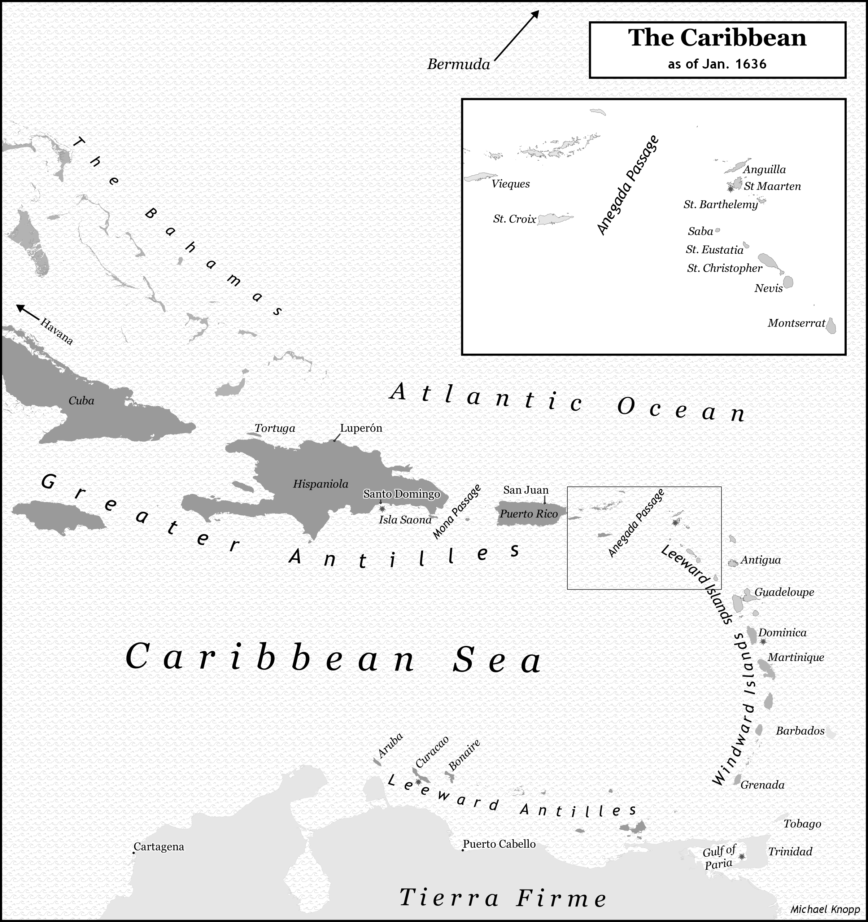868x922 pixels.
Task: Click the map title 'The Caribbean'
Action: point(717,38)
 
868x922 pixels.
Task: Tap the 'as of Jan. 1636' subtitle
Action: point(717,64)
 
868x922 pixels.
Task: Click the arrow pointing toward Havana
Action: point(28,312)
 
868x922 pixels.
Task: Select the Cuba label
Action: point(81,401)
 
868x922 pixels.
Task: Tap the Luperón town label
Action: point(361,428)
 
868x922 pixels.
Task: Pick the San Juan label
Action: point(525,490)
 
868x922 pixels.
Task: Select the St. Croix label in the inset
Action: point(514,219)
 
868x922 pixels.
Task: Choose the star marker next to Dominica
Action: point(763,641)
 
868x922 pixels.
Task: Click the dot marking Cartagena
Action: point(134,852)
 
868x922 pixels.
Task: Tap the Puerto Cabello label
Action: point(499,844)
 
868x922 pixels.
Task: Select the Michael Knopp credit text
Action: point(824,909)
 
